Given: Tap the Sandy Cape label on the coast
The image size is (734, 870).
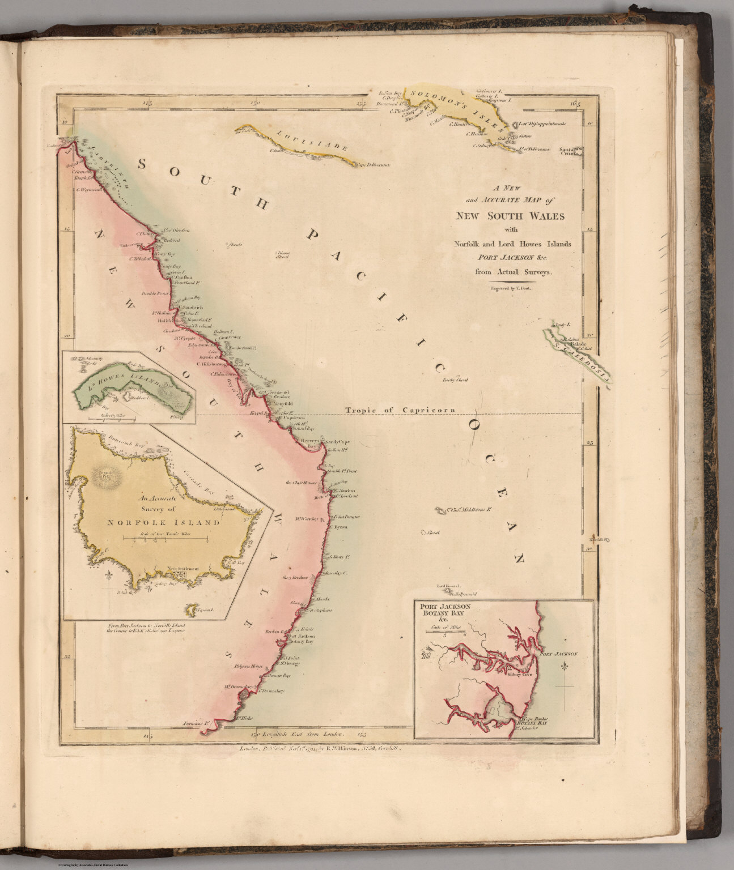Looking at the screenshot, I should pyautogui.click(x=334, y=439).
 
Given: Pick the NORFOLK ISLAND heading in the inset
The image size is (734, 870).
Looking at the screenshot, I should pyautogui.click(x=163, y=522).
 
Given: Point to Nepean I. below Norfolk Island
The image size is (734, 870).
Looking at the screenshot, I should pyautogui.click(x=205, y=610).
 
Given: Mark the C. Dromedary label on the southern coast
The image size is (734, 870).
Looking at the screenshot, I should pyautogui.click(x=270, y=691).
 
